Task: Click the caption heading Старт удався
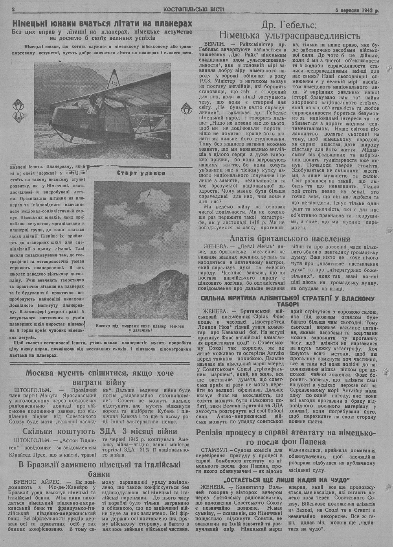tap(141, 173)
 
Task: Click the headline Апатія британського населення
tap(290, 239)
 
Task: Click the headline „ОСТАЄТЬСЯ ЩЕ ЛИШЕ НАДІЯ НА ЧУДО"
tap(286, 480)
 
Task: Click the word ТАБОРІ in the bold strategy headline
tap(290, 304)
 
